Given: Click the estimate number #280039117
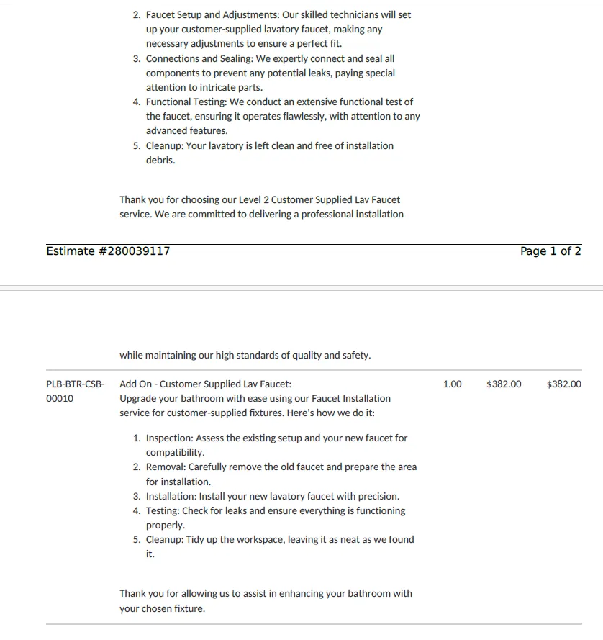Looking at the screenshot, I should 108,251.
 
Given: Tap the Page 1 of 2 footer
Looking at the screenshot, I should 550,251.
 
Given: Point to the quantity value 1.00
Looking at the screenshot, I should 453,384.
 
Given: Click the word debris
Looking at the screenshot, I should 160,160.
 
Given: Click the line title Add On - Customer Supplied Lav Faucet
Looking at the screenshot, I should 205,384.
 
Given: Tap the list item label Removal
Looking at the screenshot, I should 166,467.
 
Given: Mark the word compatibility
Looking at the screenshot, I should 175,453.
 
